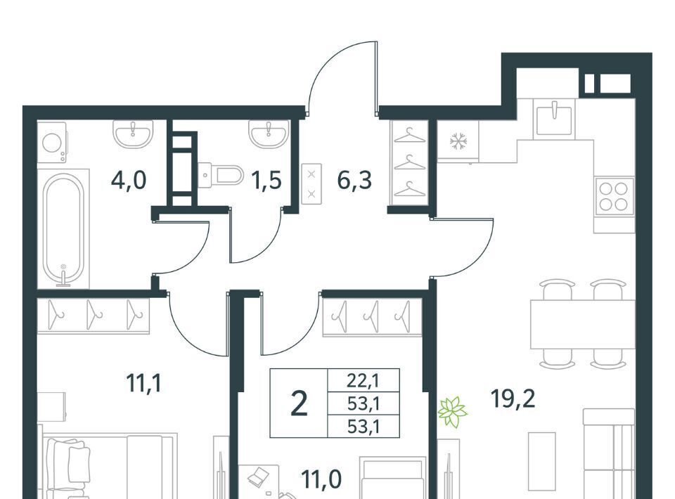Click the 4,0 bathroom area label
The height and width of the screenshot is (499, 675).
point(129,180)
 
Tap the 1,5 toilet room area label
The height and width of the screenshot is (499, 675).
point(267,180)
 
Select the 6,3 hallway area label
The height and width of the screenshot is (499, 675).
point(354,180)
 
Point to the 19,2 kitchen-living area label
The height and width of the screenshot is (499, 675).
point(513,398)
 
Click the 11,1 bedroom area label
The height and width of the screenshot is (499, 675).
point(144,383)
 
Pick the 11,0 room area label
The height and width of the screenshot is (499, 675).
point(321,479)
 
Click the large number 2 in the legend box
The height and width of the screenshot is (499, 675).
point(300,404)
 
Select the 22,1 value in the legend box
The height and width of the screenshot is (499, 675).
point(364,380)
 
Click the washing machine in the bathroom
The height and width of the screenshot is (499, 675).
point(52,143)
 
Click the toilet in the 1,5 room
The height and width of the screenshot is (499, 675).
point(221,175)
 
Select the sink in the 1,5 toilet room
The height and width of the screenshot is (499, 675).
point(269,134)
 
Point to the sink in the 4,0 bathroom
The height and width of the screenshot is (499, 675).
point(133,134)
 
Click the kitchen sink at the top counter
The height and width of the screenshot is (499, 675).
point(554,118)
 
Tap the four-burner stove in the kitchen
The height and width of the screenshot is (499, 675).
point(614,196)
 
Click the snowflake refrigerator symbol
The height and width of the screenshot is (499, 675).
point(458,141)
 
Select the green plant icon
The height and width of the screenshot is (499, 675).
point(452,412)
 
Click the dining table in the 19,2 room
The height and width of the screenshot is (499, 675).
point(583,325)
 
